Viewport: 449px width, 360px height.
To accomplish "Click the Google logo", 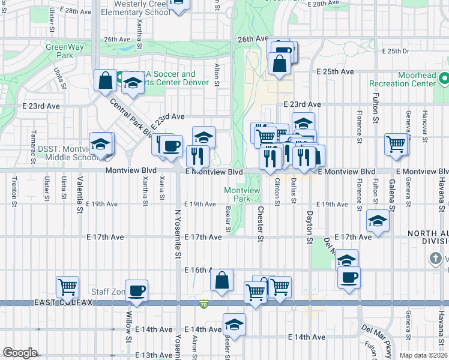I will coord(20,353).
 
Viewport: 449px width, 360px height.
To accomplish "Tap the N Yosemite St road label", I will coord(178,234).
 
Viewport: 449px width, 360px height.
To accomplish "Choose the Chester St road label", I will coord(261,224).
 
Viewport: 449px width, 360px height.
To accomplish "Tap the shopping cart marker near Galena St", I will coord(396,145).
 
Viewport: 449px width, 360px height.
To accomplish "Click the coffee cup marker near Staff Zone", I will coord(137,291).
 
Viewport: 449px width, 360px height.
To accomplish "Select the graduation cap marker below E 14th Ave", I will coord(234,325).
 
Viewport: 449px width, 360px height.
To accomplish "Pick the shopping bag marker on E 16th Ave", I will coord(221,280).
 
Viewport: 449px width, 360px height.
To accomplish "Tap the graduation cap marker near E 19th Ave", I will coord(378,221).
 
